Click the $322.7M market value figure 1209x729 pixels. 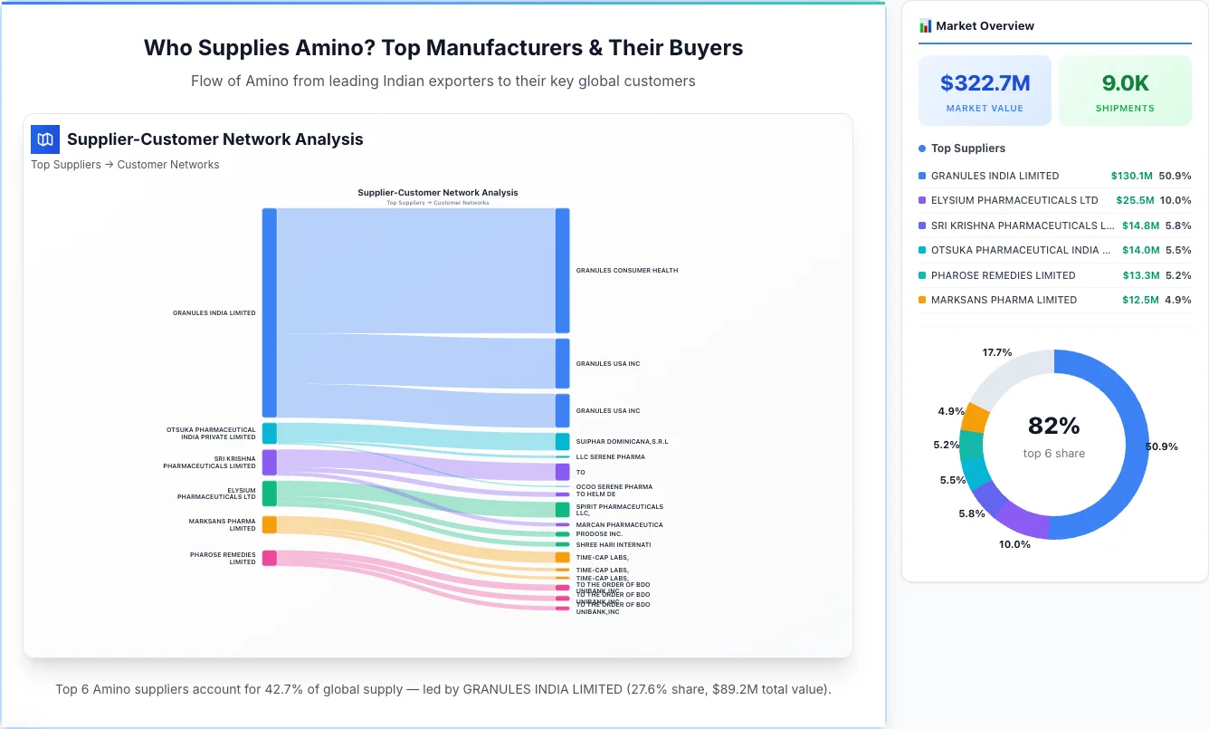[985, 83]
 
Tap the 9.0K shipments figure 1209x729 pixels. [1125, 83]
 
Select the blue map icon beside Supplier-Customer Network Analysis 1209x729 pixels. [45, 139]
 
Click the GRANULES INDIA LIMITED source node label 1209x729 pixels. [214, 313]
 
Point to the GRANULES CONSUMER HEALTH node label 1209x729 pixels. [626, 271]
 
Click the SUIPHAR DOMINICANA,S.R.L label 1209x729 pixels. [622, 442]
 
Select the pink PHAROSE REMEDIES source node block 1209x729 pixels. [270, 558]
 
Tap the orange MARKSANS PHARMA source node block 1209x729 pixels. [270, 524]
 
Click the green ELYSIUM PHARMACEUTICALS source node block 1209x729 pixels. [270, 494]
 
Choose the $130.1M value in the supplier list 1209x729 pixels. [1131, 176]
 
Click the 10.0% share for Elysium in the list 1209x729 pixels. [1176, 200]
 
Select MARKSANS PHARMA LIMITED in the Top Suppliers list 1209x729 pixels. [1004, 300]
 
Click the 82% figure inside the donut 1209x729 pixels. [1053, 426]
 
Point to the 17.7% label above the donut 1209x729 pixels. [996, 352]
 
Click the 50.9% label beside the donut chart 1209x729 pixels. [1161, 446]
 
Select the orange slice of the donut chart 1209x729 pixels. [975, 416]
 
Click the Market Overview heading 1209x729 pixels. [985, 26]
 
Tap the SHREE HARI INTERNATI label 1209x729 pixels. [613, 545]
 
